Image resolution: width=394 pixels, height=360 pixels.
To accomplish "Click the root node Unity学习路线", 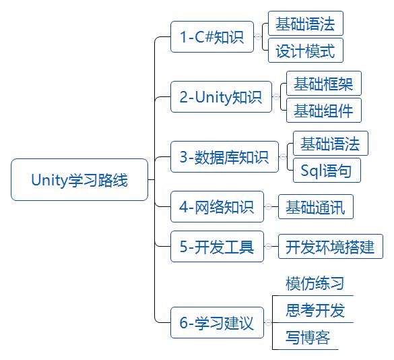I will click(79, 180).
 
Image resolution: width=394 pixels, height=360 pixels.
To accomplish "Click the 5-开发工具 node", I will click(217, 247).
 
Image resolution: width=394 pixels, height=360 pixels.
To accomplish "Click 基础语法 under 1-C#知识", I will click(305, 24).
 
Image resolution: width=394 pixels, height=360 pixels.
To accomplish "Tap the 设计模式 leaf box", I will click(305, 51).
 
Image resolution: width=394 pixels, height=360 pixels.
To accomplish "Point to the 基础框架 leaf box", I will click(323, 84).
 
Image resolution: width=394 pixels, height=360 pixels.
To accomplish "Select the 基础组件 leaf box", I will click(323, 111).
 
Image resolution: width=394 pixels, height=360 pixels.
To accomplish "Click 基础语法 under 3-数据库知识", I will click(330, 144).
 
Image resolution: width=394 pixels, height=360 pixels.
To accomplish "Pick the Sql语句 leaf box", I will click(327, 171).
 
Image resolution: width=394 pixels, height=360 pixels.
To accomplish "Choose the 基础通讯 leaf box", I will click(315, 207).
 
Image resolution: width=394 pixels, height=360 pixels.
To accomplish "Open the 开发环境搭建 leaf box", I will click(330, 247).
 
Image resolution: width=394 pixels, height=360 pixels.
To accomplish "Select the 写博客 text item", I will click(308, 338).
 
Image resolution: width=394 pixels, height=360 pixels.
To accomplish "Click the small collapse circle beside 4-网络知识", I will click(269, 207).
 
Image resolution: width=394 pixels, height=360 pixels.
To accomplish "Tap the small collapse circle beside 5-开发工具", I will click(269, 247).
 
